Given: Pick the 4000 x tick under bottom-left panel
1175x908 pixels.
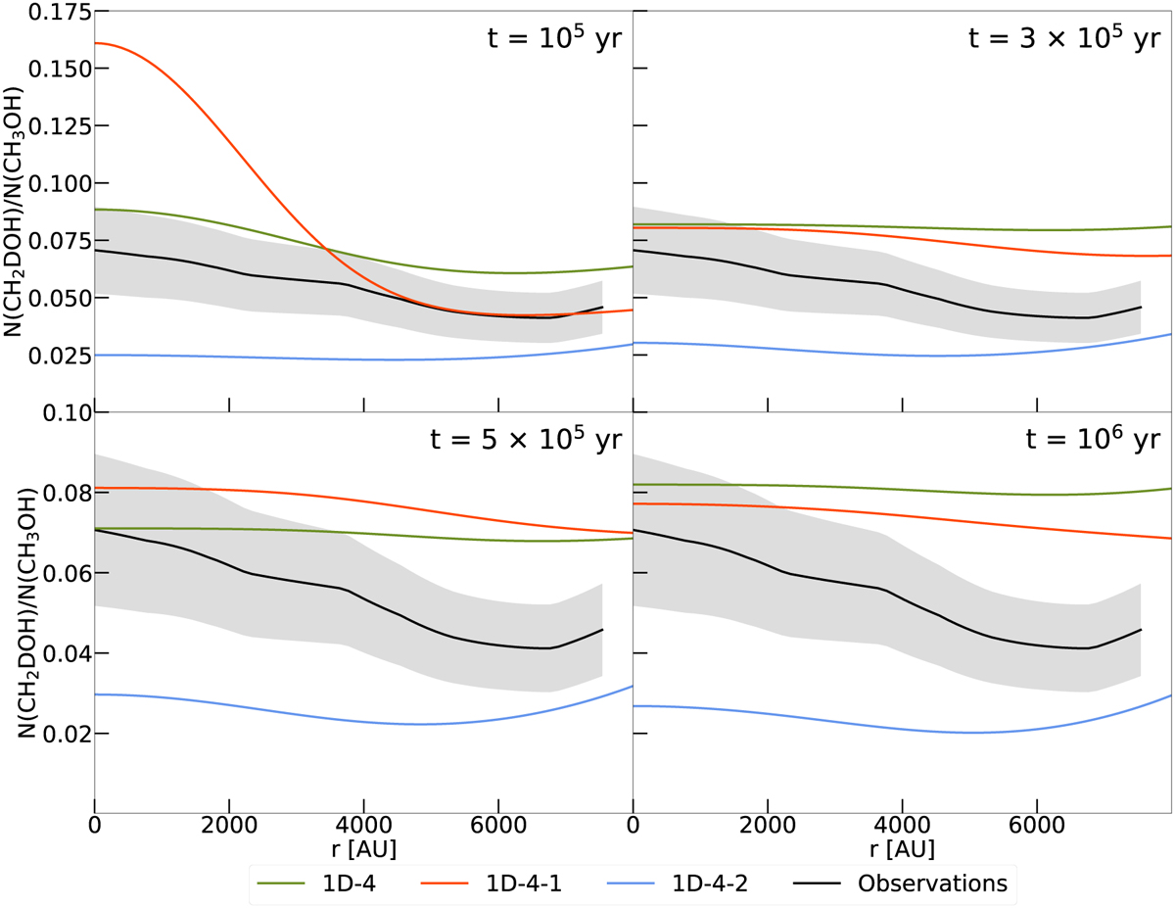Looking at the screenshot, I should [363, 825].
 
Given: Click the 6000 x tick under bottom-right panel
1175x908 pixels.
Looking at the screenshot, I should [1037, 825].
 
